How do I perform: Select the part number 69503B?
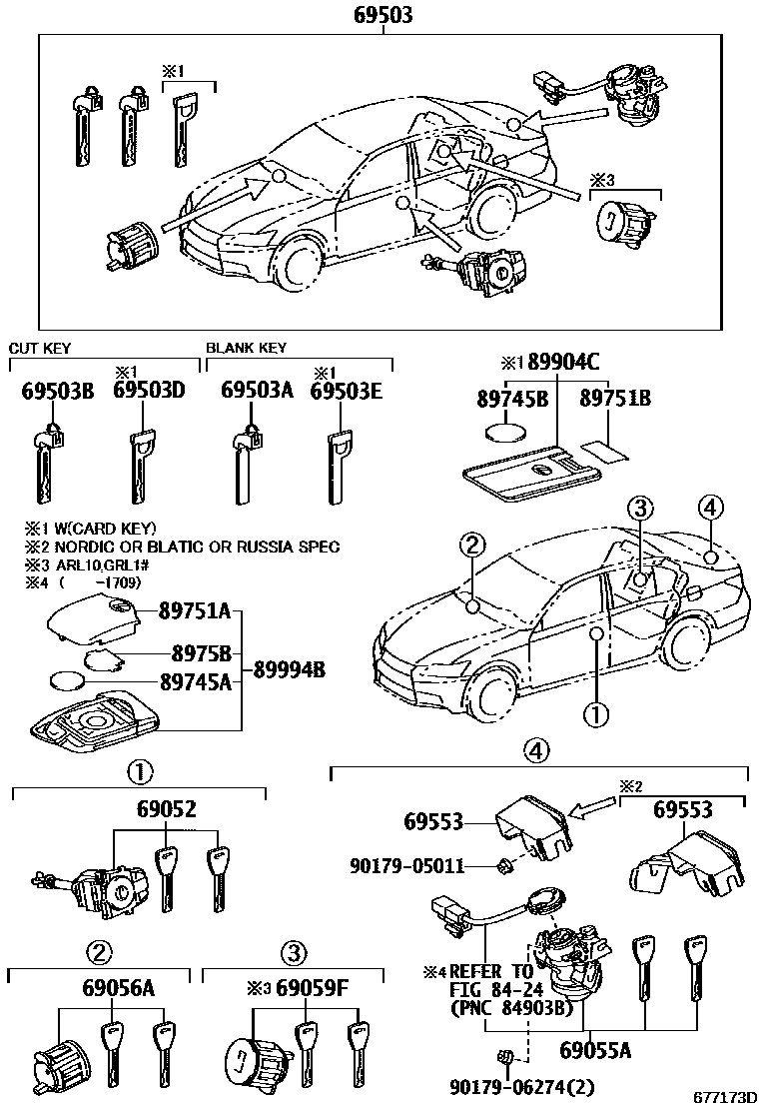58,392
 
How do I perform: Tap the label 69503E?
346,392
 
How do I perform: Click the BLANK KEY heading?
246,349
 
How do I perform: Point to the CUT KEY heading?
40,349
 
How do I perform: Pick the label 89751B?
616,399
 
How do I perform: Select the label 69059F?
311,990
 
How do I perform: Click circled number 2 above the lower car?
472,545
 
